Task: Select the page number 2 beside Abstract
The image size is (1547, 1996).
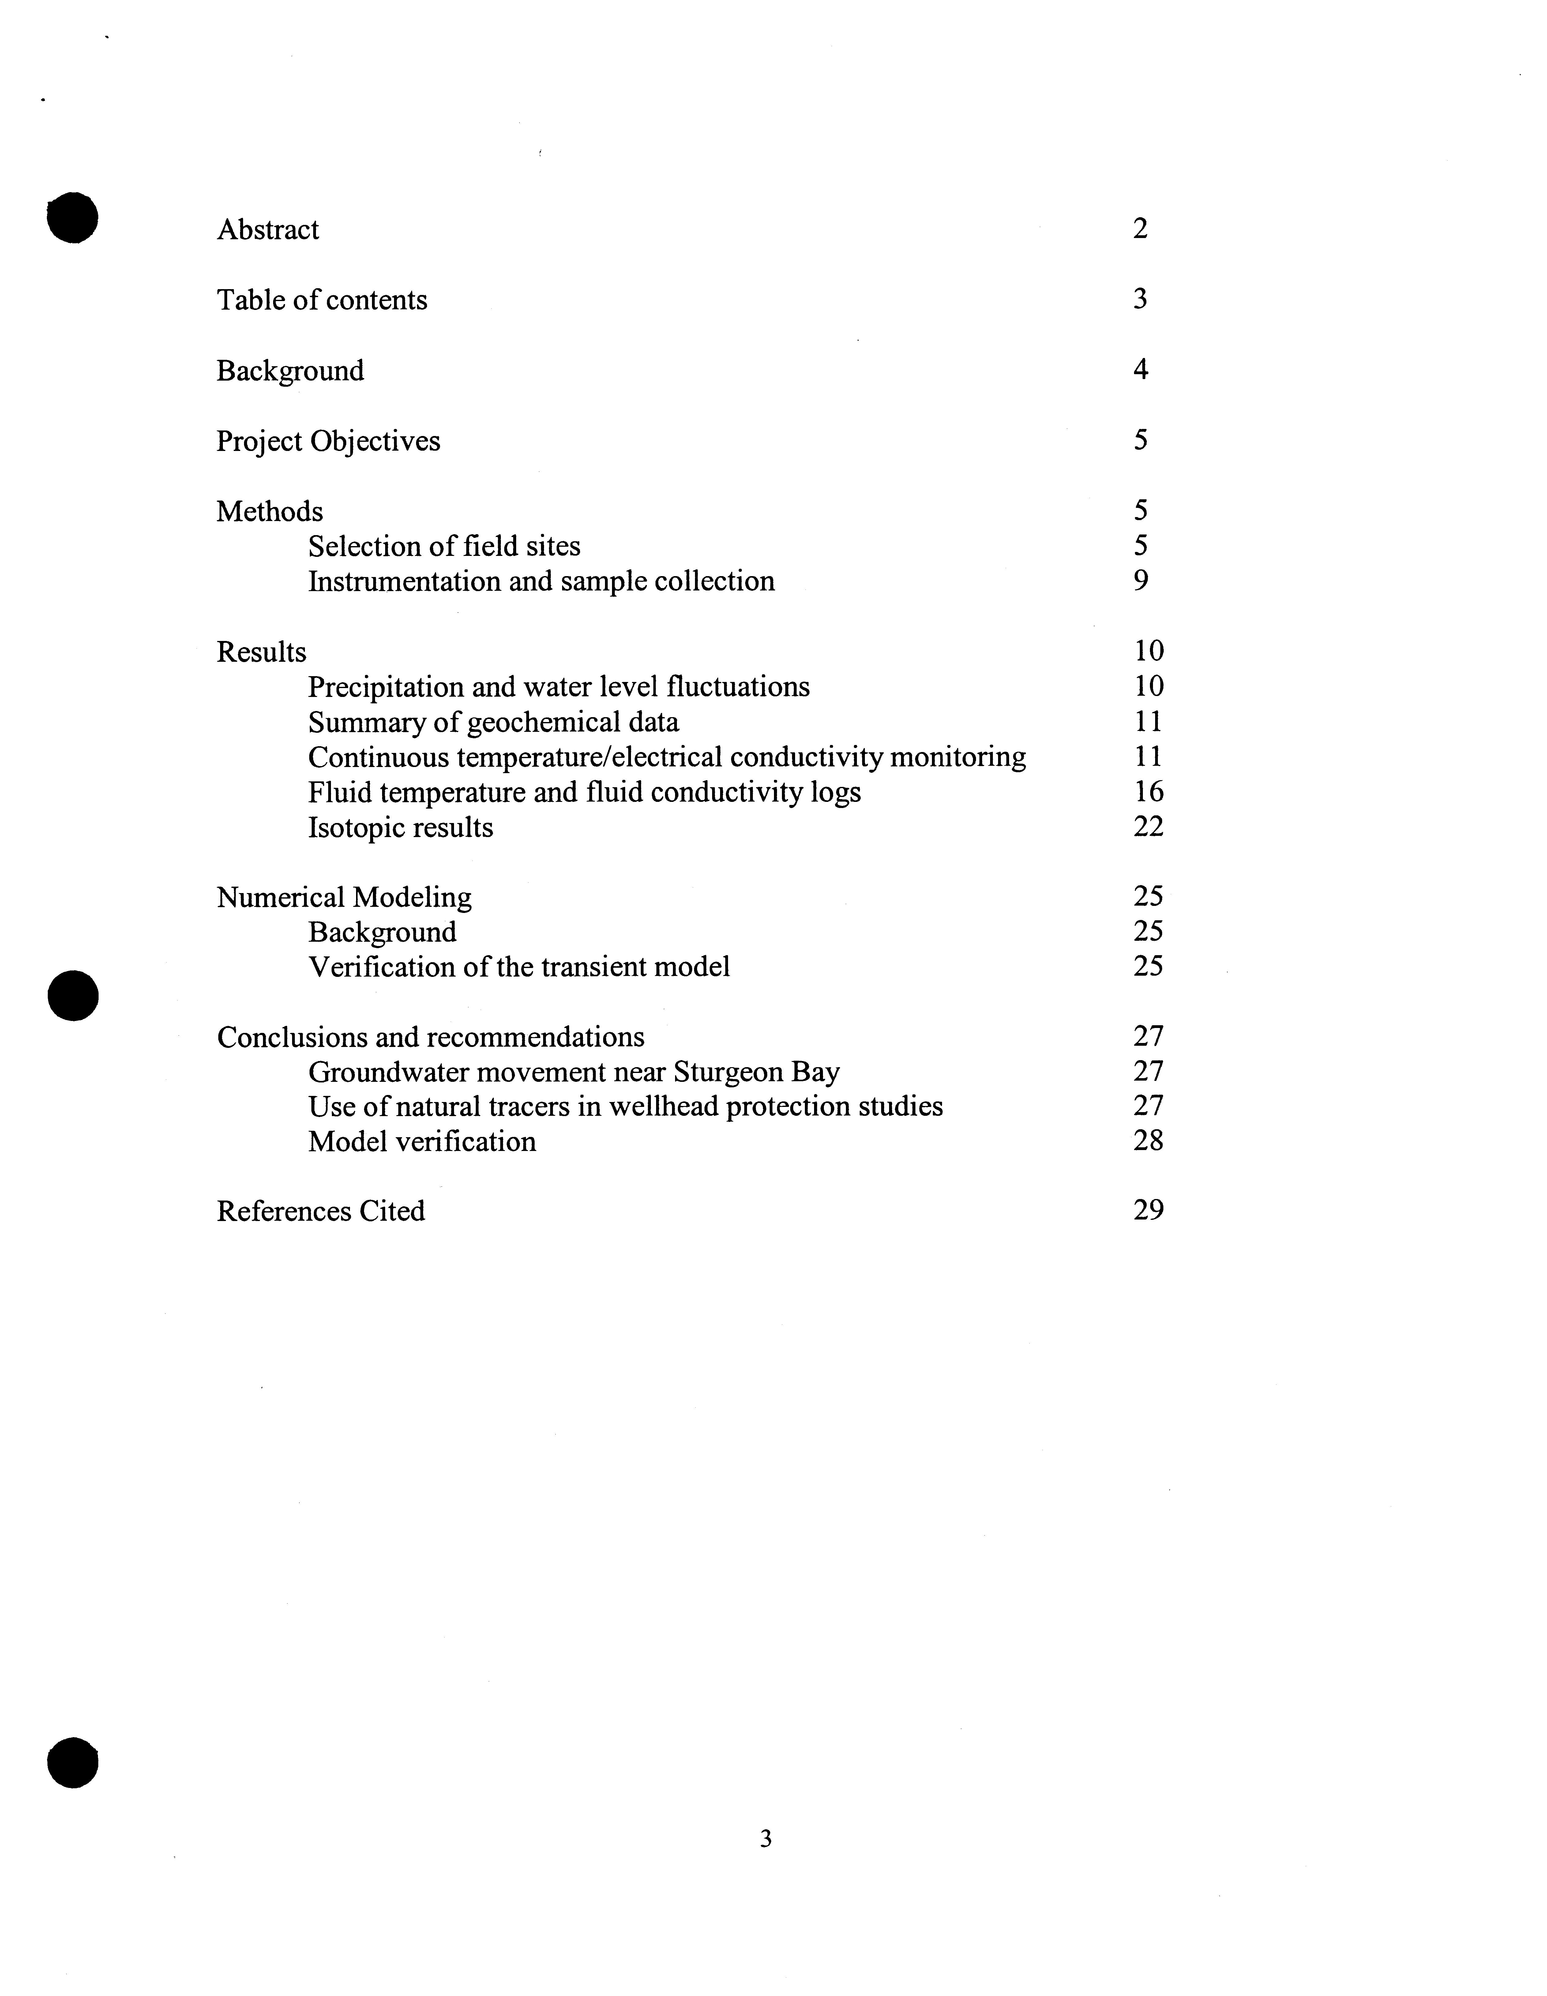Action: tap(1139, 229)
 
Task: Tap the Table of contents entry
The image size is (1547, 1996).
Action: tap(322, 300)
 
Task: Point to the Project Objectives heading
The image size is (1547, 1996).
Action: tap(328, 441)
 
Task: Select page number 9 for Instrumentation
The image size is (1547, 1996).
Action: tap(1140, 580)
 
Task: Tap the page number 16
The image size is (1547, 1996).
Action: tap(1148, 791)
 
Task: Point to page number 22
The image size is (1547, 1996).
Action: tap(1148, 826)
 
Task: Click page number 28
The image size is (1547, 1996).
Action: tap(1148, 1141)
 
